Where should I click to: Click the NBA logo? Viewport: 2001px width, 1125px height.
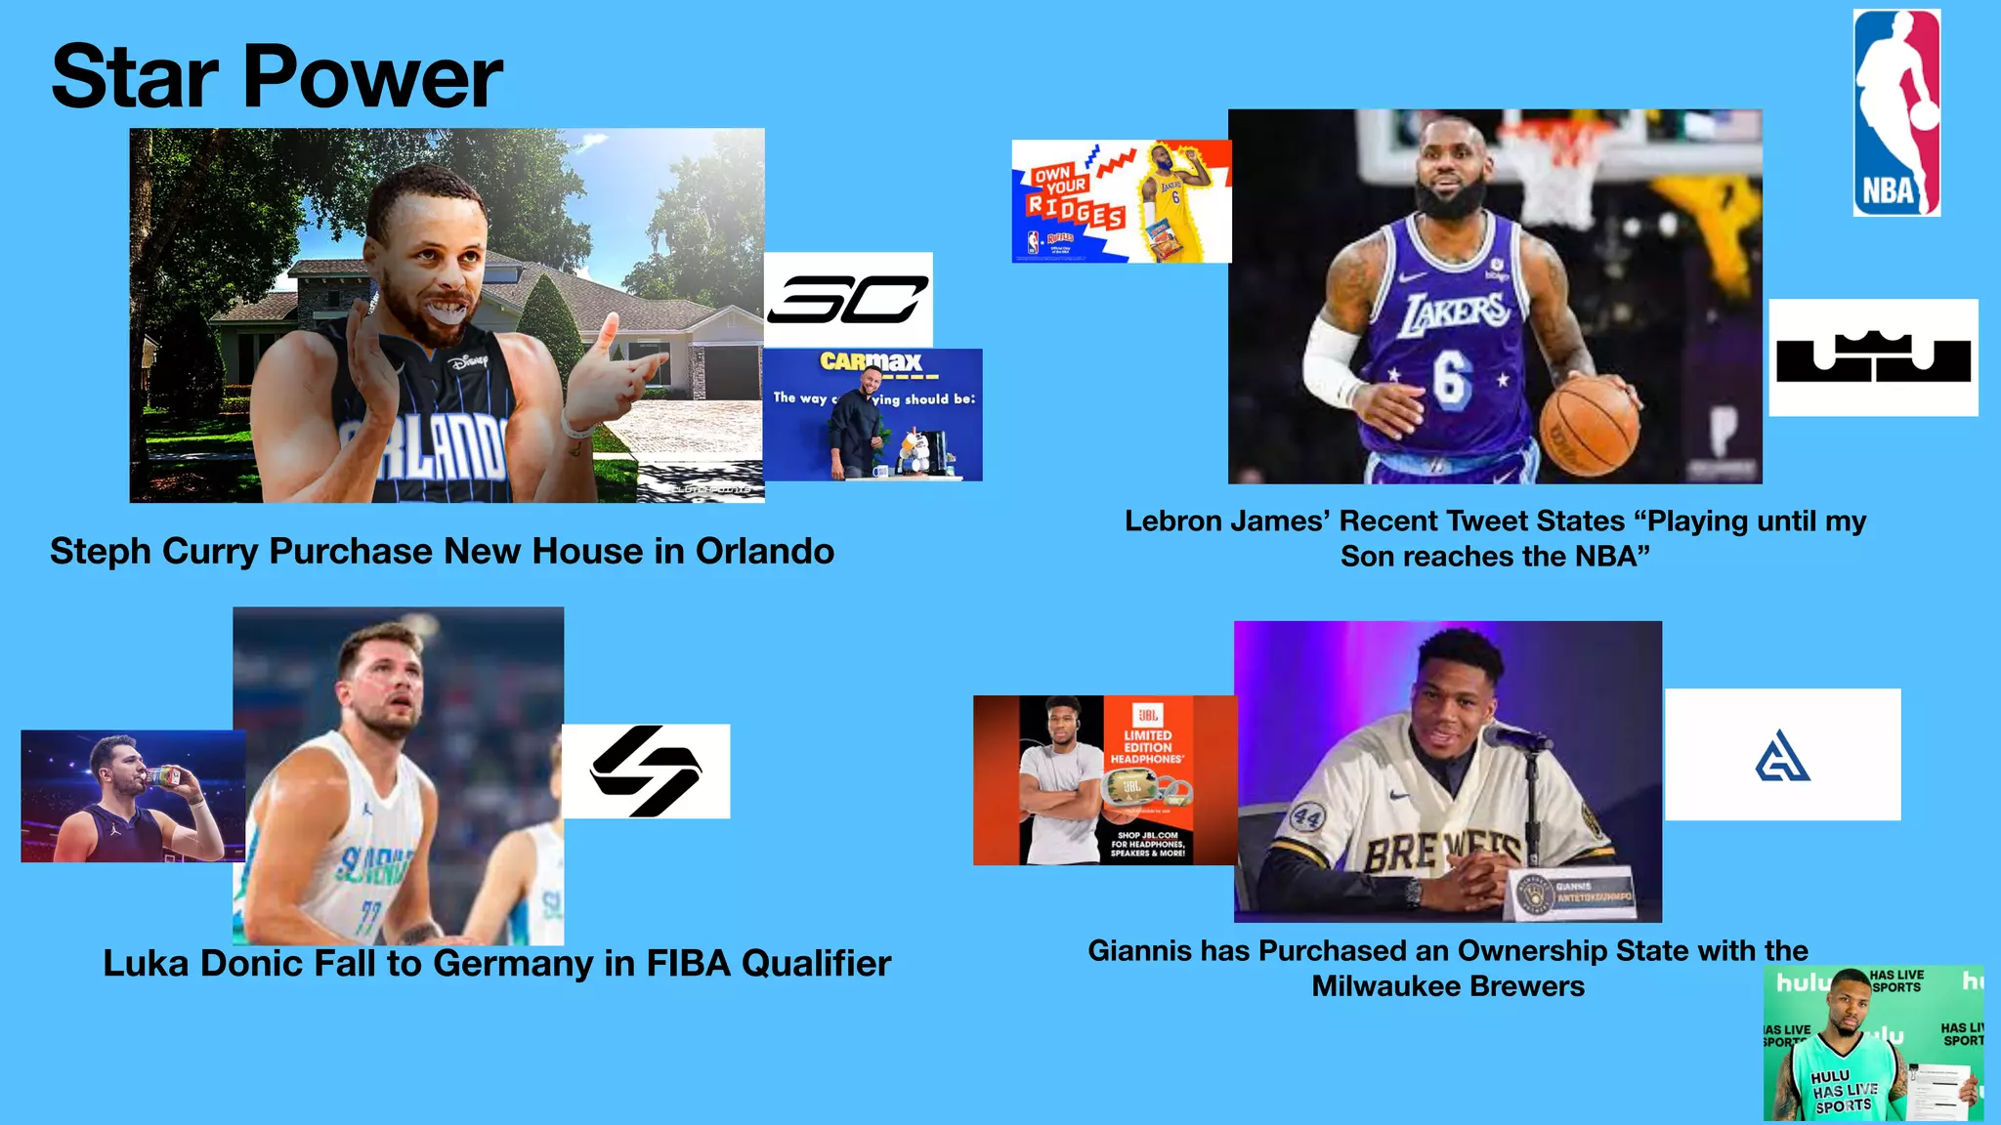coord(1896,112)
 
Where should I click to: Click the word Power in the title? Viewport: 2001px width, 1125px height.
coord(372,77)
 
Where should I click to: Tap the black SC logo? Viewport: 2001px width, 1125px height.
coord(848,299)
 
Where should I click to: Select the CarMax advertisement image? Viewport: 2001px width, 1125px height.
coord(873,415)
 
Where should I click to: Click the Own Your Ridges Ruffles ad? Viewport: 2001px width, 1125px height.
coord(1121,201)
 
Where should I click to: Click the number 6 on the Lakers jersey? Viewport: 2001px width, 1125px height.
coord(1452,376)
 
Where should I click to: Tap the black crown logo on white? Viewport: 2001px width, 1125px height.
coord(1873,357)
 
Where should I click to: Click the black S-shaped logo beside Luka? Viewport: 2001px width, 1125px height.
coord(646,771)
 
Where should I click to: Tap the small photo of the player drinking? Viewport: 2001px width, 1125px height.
coord(133,796)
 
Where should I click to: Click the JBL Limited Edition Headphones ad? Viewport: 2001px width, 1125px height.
coord(1104,780)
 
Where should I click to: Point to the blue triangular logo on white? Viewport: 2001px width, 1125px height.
coord(1782,756)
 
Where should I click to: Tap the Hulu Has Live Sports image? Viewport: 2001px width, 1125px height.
coord(1873,1043)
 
